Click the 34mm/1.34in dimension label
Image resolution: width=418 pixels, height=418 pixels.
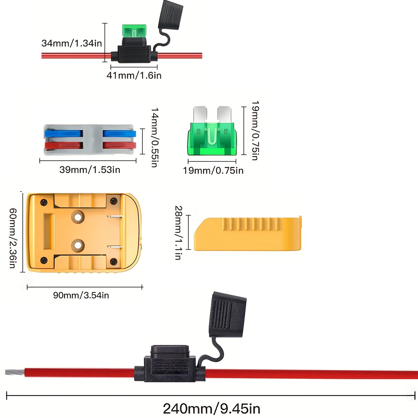(71, 43)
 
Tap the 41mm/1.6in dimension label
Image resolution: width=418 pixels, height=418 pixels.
(134, 75)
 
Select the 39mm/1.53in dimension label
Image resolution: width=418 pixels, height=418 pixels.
(90, 170)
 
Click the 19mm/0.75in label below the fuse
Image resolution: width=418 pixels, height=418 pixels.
(213, 170)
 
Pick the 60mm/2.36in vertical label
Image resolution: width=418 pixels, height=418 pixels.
(13, 238)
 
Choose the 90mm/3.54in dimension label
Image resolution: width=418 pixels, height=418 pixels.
(81, 295)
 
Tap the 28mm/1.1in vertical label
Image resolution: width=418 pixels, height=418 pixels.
(178, 232)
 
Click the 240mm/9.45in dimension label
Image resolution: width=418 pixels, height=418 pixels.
(211, 408)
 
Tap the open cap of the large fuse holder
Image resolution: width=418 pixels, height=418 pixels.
(228, 315)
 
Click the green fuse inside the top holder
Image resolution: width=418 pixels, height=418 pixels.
(134, 31)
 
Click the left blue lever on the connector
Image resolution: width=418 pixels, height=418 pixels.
(63, 133)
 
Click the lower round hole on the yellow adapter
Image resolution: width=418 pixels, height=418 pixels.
(78, 246)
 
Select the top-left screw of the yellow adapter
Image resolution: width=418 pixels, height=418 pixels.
(44, 202)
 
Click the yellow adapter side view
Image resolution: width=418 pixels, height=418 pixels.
(247, 233)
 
